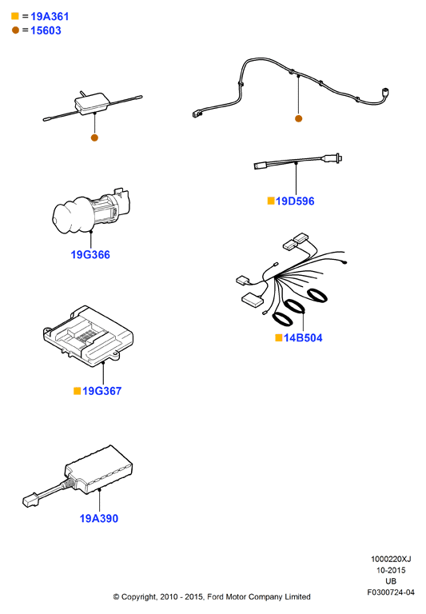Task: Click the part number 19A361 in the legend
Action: click(50, 17)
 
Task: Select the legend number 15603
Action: click(46, 30)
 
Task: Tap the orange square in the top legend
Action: click(15, 16)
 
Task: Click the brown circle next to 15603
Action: click(15, 30)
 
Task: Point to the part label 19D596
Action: click(295, 201)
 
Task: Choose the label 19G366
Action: click(90, 255)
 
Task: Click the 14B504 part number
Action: click(303, 338)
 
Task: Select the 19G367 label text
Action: click(102, 391)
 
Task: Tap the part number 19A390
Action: click(98, 518)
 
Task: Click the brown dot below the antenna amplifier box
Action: click(94, 138)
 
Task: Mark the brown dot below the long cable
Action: click(298, 118)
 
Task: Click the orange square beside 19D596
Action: click(271, 201)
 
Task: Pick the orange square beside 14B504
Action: click(279, 337)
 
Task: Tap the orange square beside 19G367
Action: click(78, 391)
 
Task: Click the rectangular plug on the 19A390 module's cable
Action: click(30, 500)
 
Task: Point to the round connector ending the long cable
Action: click(385, 94)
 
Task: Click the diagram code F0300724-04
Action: click(390, 592)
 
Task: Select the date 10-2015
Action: click(391, 570)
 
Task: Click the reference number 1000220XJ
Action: click(391, 559)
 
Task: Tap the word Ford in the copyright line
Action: click(215, 596)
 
